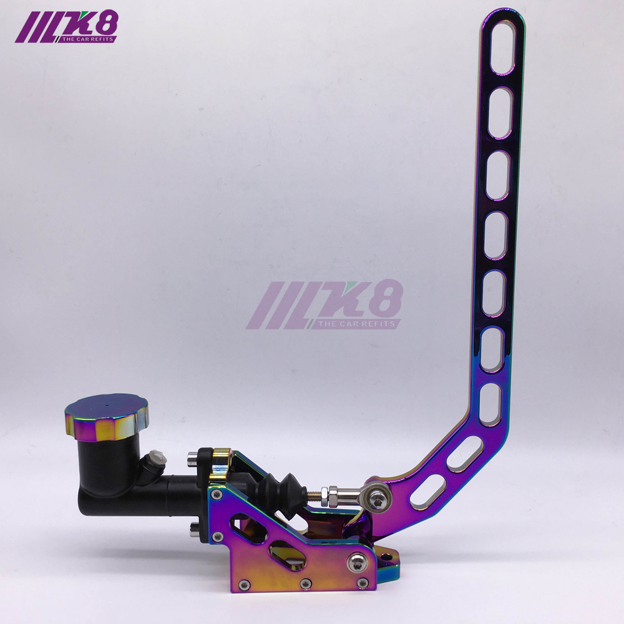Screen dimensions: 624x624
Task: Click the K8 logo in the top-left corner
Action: coord(66,29)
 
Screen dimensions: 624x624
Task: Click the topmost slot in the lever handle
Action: coord(502,47)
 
